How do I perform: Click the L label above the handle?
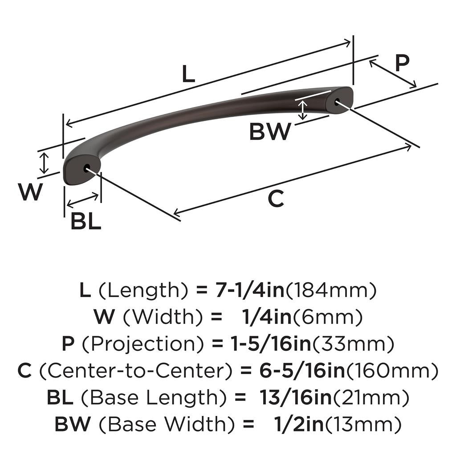point(189,74)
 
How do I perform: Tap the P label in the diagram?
point(402,64)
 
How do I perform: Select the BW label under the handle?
point(270,131)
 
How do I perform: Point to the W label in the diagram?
point(31,192)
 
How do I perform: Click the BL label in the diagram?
point(86,221)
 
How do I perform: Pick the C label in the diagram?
point(276,199)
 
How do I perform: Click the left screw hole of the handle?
point(86,168)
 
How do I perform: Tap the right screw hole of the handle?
point(336,101)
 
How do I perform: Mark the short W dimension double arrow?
point(44,163)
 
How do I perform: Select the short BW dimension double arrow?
point(303,110)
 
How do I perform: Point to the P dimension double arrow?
point(392,73)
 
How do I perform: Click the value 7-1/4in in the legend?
point(240,291)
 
